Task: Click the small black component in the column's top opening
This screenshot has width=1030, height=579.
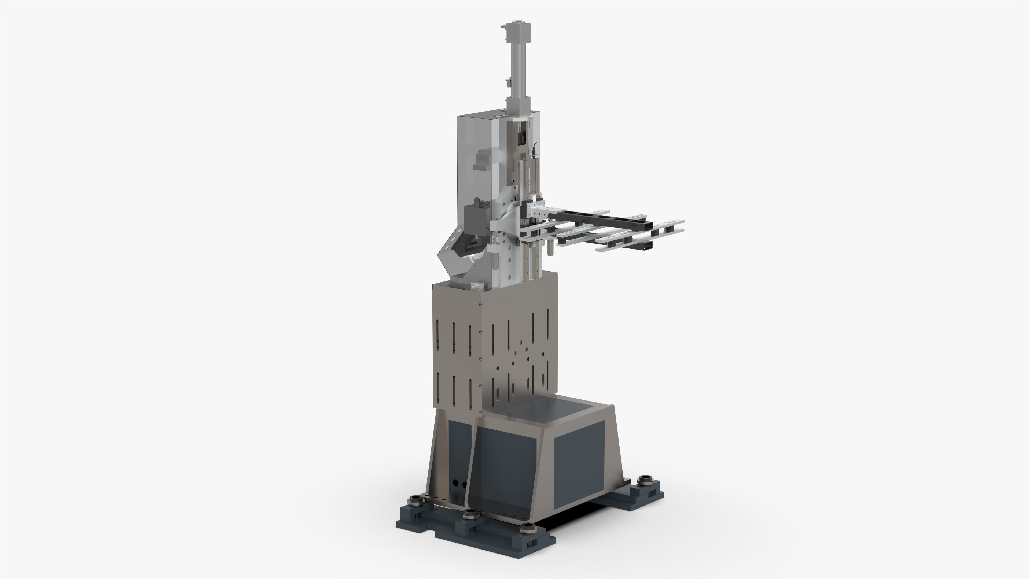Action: [x=522, y=139]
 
